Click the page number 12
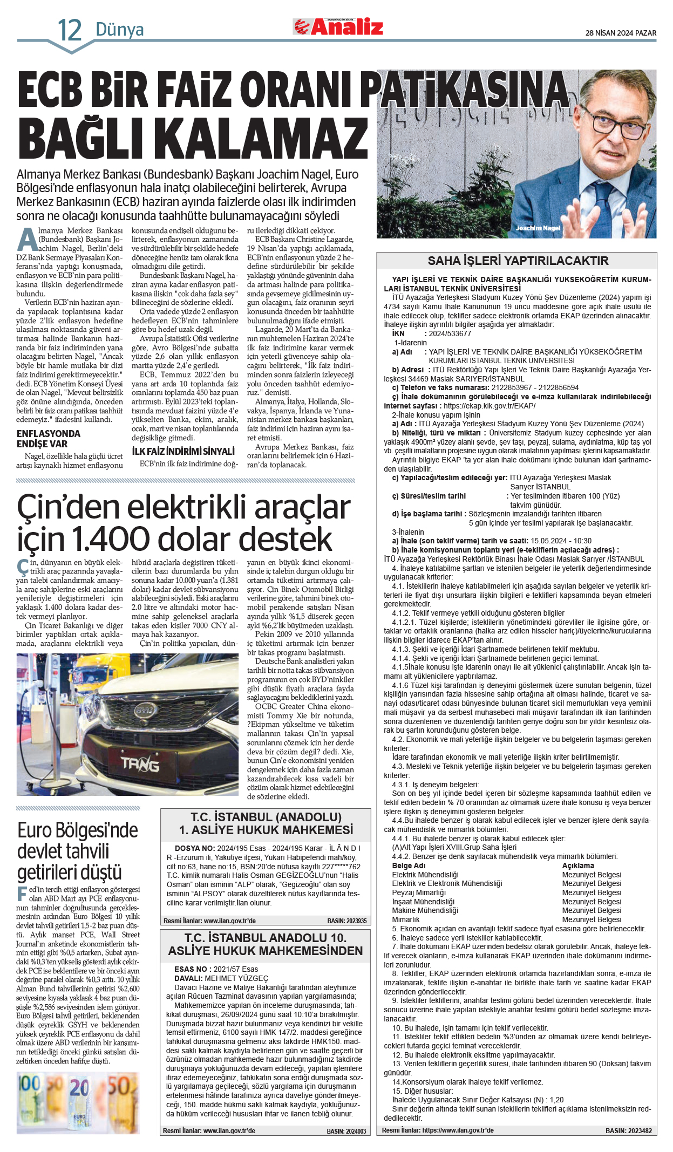pyautogui.click(x=70, y=30)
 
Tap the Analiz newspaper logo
pyautogui.click(x=338, y=26)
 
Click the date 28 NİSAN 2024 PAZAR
pyautogui.click(x=621, y=33)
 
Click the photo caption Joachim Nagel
pyautogui.click(x=538, y=228)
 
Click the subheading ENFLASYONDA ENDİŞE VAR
pyautogui.click(x=49, y=439)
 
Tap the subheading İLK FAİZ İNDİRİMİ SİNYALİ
pyautogui.click(x=183, y=451)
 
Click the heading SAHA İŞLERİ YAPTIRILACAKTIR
pyautogui.click(x=518, y=261)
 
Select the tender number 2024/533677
pyautogui.click(x=450, y=333)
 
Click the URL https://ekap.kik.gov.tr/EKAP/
pyautogui.click(x=490, y=406)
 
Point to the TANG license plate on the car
pyautogui.click(x=140, y=764)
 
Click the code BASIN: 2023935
pyautogui.click(x=346, y=921)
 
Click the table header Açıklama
pyautogui.click(x=577, y=865)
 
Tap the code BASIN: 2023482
pyautogui.click(x=628, y=1130)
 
